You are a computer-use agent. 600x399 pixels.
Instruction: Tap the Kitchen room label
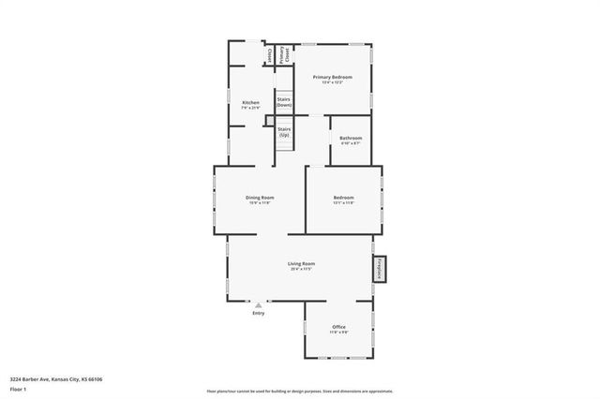(250, 102)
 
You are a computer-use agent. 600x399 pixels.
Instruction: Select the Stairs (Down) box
(283, 101)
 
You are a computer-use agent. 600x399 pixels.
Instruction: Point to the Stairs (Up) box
(283, 132)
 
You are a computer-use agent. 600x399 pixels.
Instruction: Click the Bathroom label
(351, 138)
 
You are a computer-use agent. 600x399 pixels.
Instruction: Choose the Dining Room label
(260, 197)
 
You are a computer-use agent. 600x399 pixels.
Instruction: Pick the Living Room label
(301, 263)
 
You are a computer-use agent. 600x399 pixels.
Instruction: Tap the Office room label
(338, 327)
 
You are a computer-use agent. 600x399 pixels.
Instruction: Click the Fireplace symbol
(380, 269)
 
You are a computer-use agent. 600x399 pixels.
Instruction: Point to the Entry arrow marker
(259, 304)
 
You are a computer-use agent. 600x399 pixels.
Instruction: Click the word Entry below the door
(259, 313)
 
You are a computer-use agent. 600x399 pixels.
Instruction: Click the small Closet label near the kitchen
(269, 56)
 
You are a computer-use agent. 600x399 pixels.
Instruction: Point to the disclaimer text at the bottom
(300, 392)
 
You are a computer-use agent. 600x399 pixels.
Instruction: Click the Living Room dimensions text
(301, 270)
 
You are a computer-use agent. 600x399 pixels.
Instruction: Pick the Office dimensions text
(338, 332)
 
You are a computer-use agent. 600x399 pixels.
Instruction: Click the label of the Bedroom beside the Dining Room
(343, 197)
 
